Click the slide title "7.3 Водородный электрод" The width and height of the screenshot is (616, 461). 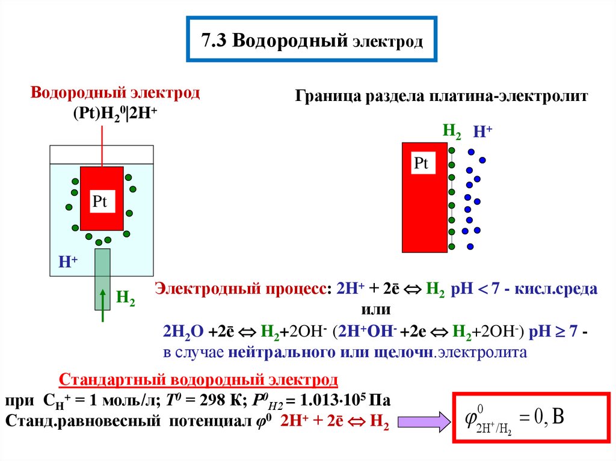coord(312,41)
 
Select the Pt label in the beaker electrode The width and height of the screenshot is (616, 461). coord(99,202)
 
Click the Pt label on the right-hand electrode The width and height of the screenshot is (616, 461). coord(421,163)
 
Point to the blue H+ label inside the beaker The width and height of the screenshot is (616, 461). coord(67,262)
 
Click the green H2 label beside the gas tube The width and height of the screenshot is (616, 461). coord(125,296)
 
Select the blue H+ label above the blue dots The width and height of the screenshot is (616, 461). coord(482,132)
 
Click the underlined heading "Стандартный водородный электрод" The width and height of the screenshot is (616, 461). coord(198,380)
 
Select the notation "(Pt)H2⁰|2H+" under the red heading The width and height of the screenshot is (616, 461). coord(115,112)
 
